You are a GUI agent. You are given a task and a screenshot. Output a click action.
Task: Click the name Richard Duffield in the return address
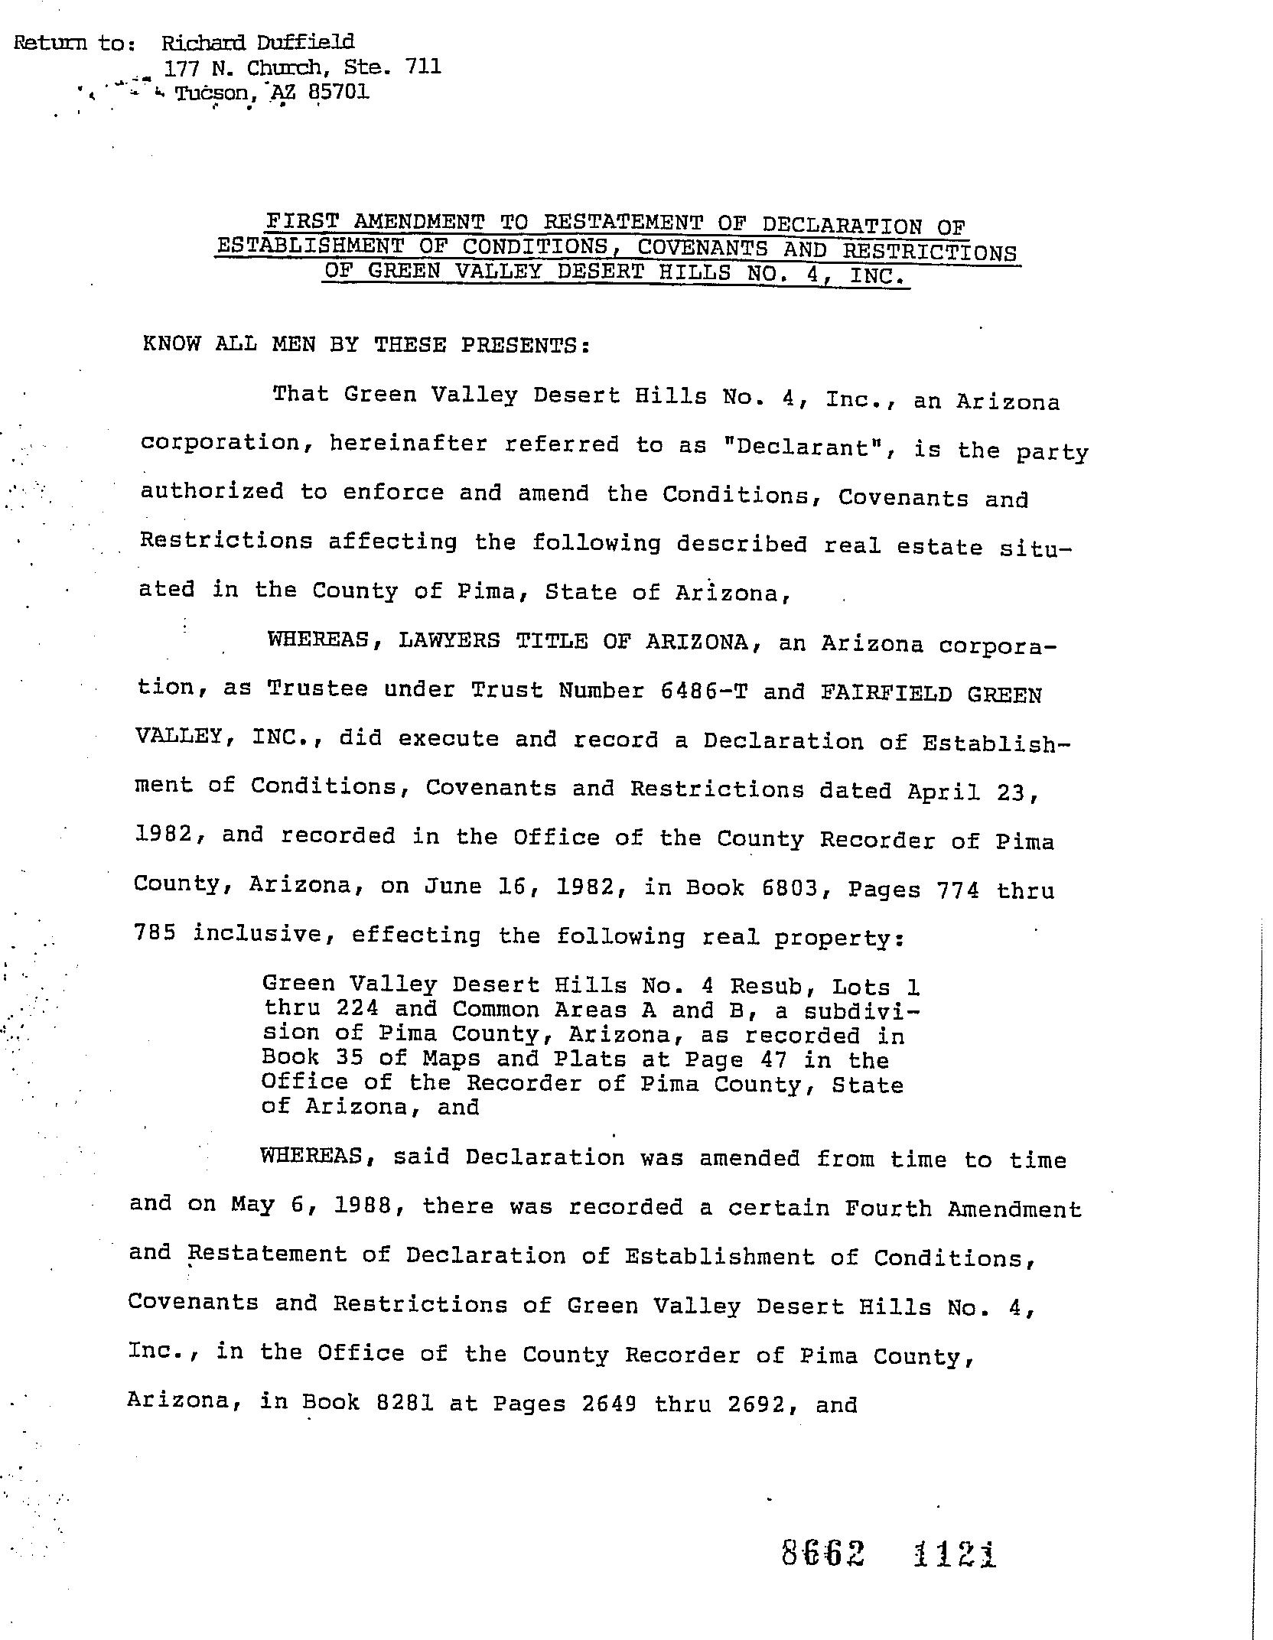pyautogui.click(x=257, y=42)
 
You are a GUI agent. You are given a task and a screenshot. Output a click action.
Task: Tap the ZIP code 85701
pyautogui.click(x=338, y=93)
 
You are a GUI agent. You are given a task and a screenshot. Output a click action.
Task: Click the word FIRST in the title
pyautogui.click(x=301, y=221)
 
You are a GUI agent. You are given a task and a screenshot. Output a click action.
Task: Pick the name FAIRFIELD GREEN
pyautogui.click(x=931, y=694)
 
